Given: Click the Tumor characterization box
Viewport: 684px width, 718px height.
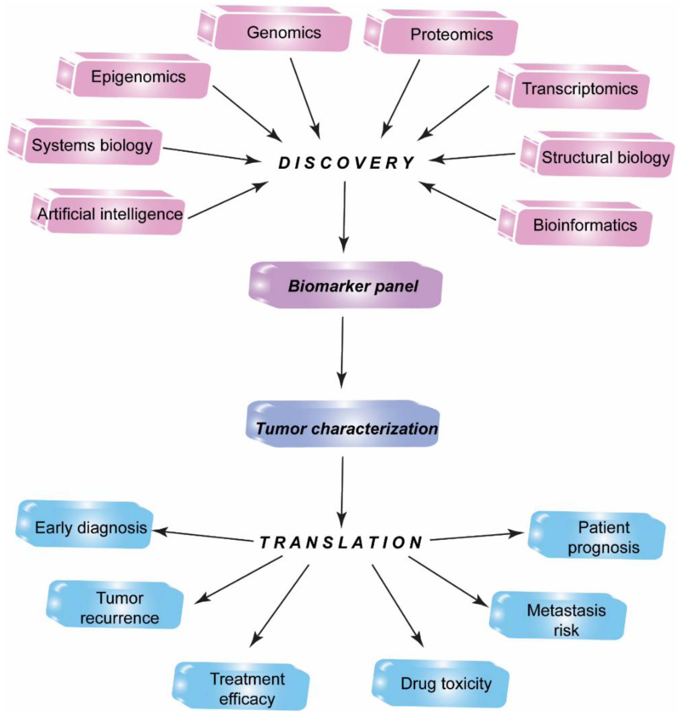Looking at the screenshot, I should tap(346, 428).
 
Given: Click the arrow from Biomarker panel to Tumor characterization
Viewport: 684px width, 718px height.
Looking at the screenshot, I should tap(342, 352).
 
